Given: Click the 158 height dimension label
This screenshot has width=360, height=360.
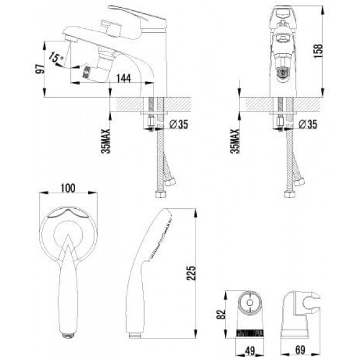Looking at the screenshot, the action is [x=319, y=51].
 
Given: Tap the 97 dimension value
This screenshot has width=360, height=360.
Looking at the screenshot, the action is [x=40, y=69].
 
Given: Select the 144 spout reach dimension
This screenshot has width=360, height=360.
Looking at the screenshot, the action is [x=124, y=78].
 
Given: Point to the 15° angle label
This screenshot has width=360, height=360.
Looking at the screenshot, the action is [x=56, y=58].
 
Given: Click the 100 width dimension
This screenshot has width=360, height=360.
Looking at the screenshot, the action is [x=68, y=188].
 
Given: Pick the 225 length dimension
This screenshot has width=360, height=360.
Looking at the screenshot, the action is [x=191, y=273].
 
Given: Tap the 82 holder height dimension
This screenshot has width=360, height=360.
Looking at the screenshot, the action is [x=221, y=314].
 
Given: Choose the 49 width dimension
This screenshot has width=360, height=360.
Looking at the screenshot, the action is [x=250, y=350].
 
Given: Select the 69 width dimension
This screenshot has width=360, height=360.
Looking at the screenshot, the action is [x=301, y=350].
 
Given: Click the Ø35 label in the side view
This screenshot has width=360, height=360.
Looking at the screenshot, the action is [x=179, y=124].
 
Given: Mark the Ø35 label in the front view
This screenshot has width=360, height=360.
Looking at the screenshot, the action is [x=308, y=124].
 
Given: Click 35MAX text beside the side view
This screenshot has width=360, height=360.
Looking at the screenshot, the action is [x=106, y=141].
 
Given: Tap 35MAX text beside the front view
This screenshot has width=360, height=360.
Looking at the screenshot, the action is [x=235, y=141].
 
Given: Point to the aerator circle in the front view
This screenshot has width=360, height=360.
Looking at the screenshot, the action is [x=284, y=73].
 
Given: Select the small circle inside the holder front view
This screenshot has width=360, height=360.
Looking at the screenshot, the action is [x=250, y=302].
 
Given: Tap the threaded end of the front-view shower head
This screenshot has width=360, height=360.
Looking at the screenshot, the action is [x=68, y=335].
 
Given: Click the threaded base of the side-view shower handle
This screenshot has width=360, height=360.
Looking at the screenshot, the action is [x=135, y=335].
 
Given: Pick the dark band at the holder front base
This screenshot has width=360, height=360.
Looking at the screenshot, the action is [x=250, y=333].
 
